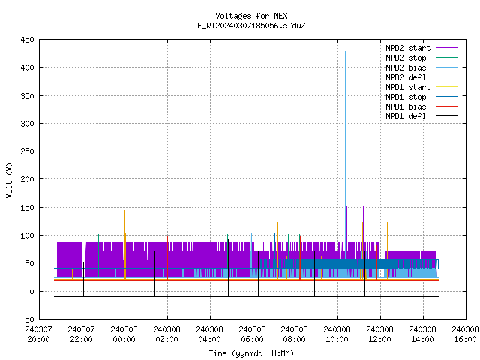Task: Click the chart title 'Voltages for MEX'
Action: (x=251, y=16)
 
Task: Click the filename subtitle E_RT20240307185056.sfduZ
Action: (x=251, y=25)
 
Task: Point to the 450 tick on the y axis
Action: (x=27, y=40)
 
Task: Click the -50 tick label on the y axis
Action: (x=27, y=319)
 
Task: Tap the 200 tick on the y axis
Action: (x=27, y=179)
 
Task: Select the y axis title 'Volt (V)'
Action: (x=9, y=181)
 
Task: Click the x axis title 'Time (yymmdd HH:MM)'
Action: (x=251, y=353)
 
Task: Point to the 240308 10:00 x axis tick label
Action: (x=337, y=334)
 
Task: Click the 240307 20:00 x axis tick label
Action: (x=38, y=334)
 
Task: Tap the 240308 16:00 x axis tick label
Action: (x=465, y=334)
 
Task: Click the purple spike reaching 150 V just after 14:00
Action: (x=424, y=228)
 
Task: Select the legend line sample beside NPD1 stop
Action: (x=446, y=97)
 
